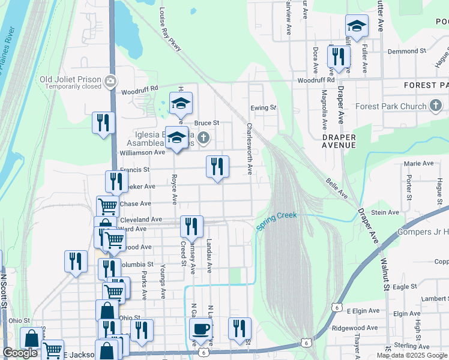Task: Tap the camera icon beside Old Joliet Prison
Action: (x=110, y=80)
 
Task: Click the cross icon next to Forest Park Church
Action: (x=437, y=106)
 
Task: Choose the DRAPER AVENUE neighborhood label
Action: (x=339, y=142)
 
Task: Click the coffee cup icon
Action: (x=200, y=329)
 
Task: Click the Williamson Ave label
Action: (x=142, y=153)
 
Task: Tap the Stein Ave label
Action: (x=385, y=212)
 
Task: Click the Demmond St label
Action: (x=402, y=52)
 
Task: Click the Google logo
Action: (x=20, y=353)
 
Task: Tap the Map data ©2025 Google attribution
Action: (x=412, y=355)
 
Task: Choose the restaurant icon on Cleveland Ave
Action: (x=191, y=227)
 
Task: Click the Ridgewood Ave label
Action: (x=355, y=328)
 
